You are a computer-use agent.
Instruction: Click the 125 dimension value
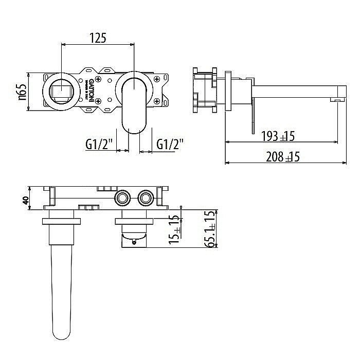point(98,38)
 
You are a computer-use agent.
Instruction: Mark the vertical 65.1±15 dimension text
point(210,229)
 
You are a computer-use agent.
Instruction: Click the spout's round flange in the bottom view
point(62,221)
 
